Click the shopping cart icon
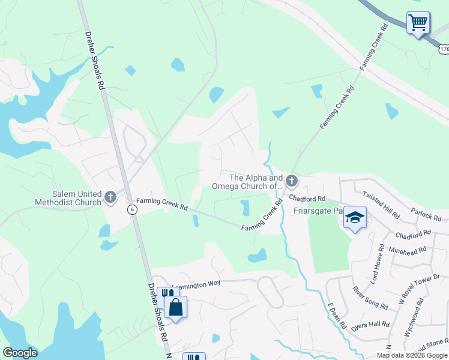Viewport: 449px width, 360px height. pyautogui.click(x=418, y=23)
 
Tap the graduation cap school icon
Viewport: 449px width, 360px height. pyautogui.click(x=355, y=218)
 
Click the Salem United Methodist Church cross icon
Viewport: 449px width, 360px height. pyautogui.click(x=110, y=196)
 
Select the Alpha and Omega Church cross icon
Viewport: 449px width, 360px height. pyautogui.click(x=291, y=181)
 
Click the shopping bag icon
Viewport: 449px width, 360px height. pyautogui.click(x=175, y=308)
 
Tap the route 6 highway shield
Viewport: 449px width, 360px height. pyautogui.click(x=131, y=209)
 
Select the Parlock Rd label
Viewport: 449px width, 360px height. pyautogui.click(x=426, y=213)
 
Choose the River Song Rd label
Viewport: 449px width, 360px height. pyautogui.click(x=370, y=298)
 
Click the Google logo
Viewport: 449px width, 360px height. pyautogui.click(x=20, y=353)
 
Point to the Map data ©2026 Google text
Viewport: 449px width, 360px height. pyautogui.click(x=411, y=355)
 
